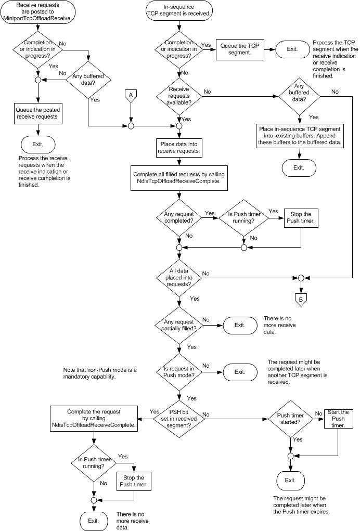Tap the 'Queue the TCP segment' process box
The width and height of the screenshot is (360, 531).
240,48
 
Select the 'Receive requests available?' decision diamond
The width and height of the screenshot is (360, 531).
179,95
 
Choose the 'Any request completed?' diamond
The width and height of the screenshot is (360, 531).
179,217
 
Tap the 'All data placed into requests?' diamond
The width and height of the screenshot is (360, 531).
179,277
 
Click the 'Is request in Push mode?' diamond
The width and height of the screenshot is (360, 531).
179,371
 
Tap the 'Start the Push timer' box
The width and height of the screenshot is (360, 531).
339,419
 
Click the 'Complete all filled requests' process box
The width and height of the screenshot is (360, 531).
179,178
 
